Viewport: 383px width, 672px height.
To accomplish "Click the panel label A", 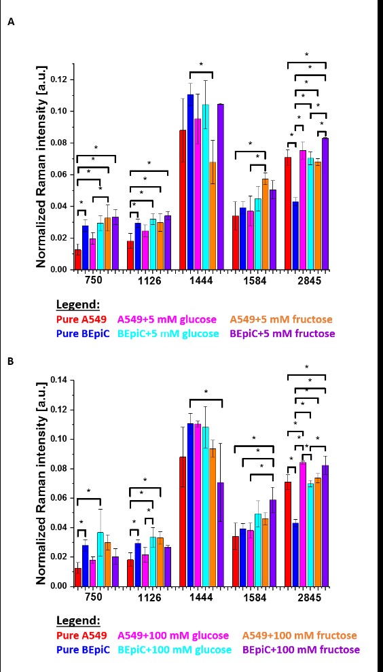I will [11, 22].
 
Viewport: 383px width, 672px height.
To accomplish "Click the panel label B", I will [11, 361].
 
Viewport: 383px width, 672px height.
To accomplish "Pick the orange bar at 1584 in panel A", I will [266, 224].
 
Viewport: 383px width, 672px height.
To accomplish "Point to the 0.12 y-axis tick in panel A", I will [60, 79].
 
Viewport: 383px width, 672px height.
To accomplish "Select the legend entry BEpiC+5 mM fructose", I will [282, 333].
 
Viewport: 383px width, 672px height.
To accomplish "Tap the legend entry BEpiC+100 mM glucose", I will [175, 650].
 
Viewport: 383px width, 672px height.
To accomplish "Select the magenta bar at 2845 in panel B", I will [303, 524].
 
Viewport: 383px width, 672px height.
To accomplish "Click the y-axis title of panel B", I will [41, 483].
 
